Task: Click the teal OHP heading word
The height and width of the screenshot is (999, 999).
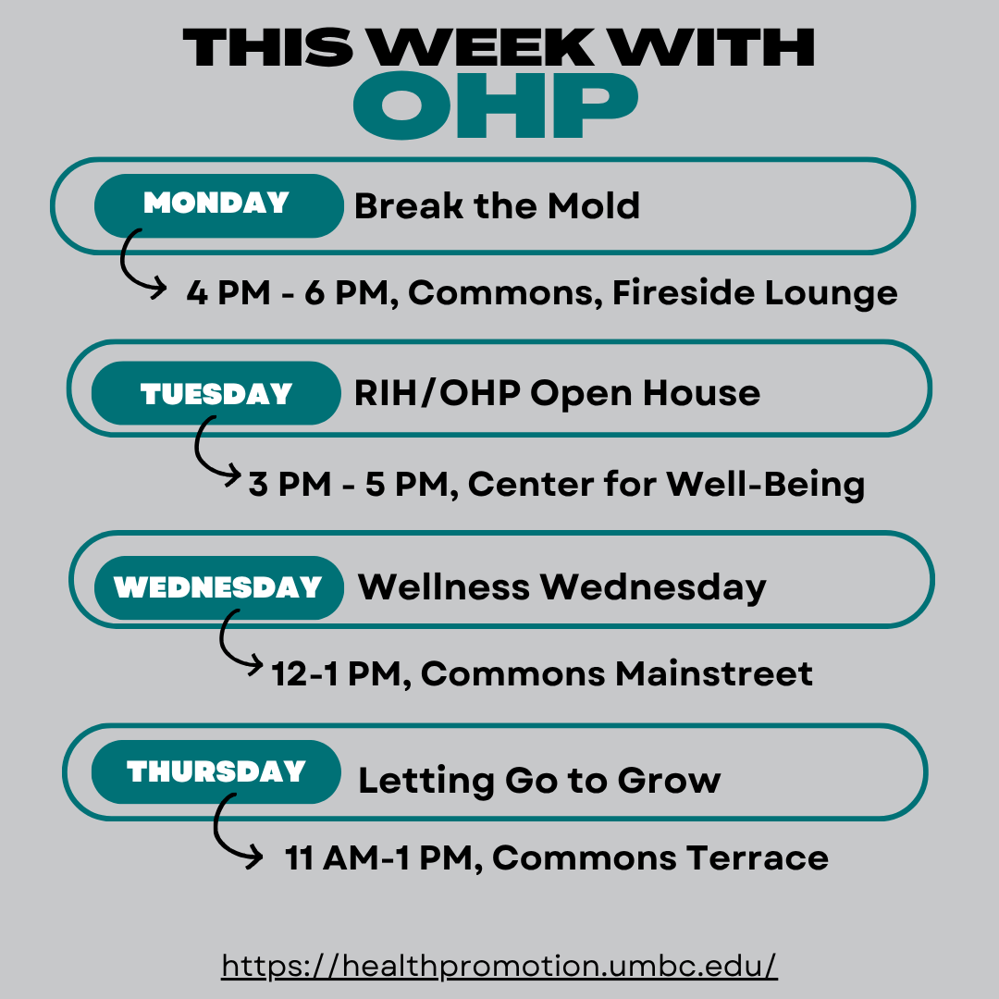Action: [496, 105]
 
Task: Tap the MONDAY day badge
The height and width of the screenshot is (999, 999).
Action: [218, 205]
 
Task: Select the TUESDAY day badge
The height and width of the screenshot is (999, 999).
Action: [216, 393]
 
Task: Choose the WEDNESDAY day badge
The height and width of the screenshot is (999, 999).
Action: [218, 587]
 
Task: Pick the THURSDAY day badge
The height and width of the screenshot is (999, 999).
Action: [216, 771]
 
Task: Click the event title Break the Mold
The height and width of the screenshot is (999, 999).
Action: [497, 205]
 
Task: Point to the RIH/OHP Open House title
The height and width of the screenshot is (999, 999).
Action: [557, 393]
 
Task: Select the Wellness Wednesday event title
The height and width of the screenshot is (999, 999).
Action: [562, 587]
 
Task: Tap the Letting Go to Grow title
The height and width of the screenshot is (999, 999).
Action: [539, 781]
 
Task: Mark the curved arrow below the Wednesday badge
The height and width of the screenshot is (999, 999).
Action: [223, 644]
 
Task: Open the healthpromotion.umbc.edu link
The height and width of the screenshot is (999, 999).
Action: [499, 965]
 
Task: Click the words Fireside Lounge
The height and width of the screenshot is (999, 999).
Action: [755, 293]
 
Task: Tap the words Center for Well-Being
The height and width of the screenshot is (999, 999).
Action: [666, 485]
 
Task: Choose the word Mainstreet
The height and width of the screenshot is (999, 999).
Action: [714, 673]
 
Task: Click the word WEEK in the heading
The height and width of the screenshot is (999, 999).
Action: [482, 47]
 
